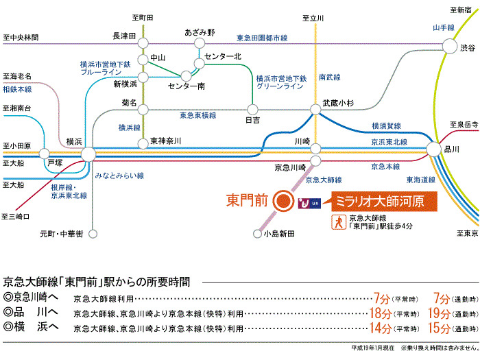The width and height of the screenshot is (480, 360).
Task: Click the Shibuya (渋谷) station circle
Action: point(450,46)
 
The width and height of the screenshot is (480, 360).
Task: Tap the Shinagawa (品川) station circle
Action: point(433,149)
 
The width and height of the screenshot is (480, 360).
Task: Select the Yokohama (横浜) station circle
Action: point(88,154)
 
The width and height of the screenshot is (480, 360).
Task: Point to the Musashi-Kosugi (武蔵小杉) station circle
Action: point(315,109)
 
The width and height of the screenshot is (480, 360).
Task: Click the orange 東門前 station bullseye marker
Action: point(283,201)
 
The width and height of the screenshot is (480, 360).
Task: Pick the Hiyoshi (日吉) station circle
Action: point(252,109)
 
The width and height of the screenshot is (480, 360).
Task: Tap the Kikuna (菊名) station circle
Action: point(143,109)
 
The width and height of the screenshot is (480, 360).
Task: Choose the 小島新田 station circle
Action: point(257,234)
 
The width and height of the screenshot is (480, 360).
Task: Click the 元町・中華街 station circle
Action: point(93,234)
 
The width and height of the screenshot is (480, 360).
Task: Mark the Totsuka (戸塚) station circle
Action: point(45,154)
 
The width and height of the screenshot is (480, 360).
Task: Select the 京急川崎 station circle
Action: point(315,160)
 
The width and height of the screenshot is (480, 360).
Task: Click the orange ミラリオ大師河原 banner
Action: point(384,202)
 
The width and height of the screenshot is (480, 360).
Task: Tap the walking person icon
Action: point(339,222)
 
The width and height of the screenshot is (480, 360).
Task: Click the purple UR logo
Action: point(309,203)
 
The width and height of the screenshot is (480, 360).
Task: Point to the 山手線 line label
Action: point(444,27)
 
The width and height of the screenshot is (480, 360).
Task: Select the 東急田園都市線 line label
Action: point(262,38)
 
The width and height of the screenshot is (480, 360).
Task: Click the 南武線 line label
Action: point(330,77)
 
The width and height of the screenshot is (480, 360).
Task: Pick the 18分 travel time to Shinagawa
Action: point(381,313)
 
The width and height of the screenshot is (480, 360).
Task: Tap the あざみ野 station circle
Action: point(200,43)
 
